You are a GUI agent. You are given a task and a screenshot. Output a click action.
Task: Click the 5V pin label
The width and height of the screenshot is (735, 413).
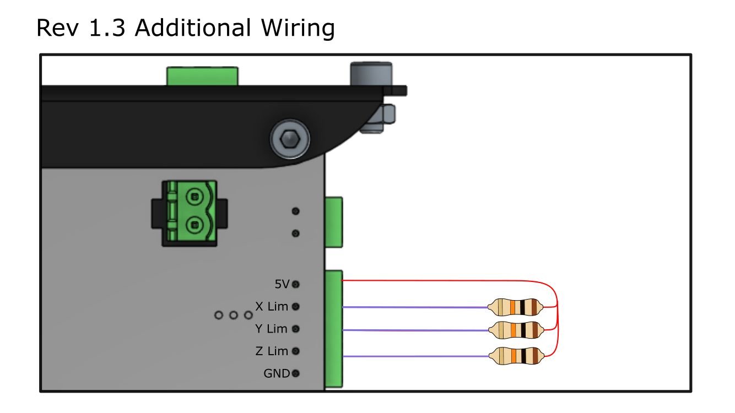pyautogui.click(x=282, y=284)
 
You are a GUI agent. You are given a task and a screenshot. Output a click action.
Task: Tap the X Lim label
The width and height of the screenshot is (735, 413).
pyautogui.click(x=272, y=306)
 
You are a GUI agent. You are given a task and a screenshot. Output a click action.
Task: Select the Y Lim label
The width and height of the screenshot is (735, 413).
pyautogui.click(x=271, y=329)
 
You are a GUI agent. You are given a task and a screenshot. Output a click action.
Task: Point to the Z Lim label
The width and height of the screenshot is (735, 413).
pyautogui.click(x=272, y=351)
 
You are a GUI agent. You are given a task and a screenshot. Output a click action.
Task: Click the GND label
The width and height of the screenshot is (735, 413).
pyautogui.click(x=277, y=373)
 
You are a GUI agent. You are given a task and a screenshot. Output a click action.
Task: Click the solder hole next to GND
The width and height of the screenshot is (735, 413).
pyautogui.click(x=296, y=373)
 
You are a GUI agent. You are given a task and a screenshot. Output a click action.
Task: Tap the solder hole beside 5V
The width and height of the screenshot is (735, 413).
pyautogui.click(x=296, y=284)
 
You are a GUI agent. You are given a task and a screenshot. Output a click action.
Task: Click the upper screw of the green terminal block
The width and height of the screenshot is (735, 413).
pyautogui.click(x=193, y=195)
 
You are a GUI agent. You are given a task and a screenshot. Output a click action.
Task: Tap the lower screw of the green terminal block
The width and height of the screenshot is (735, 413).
pyautogui.click(x=193, y=224)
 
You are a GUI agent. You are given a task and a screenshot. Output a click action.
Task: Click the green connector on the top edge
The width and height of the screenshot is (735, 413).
pyautogui.click(x=202, y=76)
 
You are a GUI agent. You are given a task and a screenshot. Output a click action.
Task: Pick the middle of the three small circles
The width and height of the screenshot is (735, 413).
pyautogui.click(x=234, y=315)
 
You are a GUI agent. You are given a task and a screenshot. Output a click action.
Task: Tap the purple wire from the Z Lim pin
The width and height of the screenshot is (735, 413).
pyautogui.click(x=413, y=356)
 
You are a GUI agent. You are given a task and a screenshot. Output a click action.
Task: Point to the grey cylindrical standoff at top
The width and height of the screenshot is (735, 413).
pyautogui.click(x=371, y=74)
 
